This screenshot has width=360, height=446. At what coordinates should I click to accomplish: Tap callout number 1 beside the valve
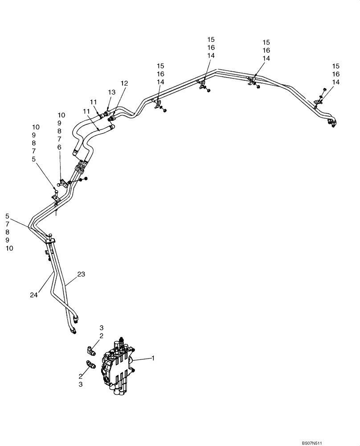coord(153,358)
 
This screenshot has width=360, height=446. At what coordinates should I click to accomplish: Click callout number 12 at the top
coord(124,83)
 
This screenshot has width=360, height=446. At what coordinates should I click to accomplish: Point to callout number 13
coord(111,92)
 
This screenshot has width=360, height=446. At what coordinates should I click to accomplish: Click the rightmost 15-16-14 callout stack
coord(336,74)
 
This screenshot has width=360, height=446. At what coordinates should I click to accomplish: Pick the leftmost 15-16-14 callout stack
coord(160,74)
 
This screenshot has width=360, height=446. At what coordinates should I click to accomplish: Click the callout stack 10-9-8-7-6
coord(61,131)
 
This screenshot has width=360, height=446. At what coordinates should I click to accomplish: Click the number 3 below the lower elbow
coord(81,384)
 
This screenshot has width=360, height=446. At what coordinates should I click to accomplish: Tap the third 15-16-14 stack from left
coord(266,50)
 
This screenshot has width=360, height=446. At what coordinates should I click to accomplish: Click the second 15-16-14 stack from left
coord(211,47)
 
